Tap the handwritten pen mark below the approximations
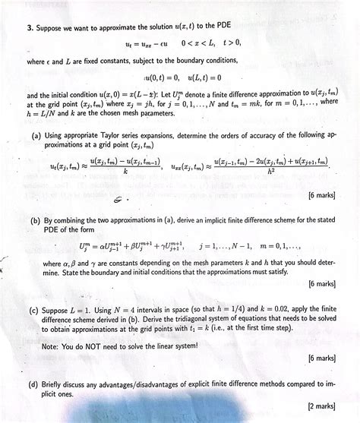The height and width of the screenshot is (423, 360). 118,198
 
